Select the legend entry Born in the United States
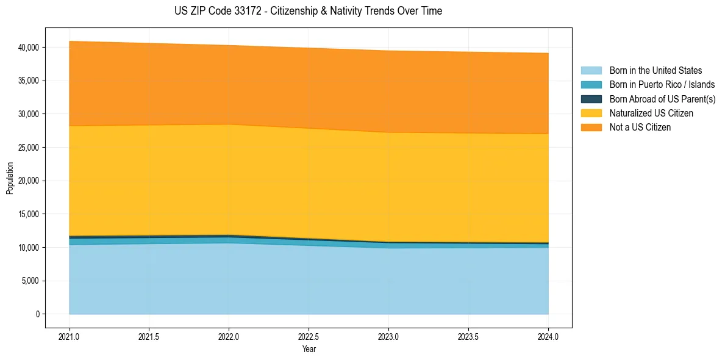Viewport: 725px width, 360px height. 655,71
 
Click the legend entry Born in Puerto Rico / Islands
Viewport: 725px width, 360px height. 662,85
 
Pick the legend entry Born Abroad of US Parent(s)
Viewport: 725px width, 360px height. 662,99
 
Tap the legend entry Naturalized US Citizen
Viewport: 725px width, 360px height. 651,113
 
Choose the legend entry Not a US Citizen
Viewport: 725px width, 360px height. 640,128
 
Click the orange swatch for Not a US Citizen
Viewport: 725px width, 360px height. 591,128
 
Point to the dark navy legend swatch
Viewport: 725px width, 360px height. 591,99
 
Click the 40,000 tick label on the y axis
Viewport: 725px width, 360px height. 29,48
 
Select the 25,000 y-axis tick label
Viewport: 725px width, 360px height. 29,148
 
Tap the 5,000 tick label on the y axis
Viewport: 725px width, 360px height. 30,281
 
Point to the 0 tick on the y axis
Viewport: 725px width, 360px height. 37,314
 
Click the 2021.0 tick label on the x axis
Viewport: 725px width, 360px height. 70,336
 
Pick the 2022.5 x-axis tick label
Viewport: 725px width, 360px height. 309,336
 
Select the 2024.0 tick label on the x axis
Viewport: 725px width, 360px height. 548,336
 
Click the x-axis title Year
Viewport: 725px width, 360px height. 309,349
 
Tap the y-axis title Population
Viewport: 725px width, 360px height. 10,178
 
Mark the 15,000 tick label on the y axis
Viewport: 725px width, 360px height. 29,214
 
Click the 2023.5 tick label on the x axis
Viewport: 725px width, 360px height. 468,336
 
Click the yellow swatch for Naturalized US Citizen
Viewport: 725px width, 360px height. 591,113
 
